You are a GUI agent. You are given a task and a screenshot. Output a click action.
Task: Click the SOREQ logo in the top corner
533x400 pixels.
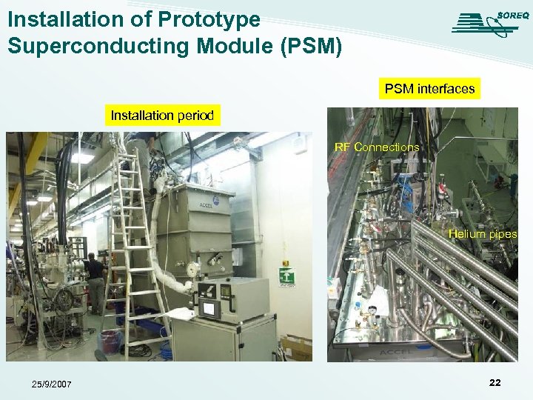click(486, 22)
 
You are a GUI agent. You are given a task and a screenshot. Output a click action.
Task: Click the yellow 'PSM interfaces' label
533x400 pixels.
click(429, 89)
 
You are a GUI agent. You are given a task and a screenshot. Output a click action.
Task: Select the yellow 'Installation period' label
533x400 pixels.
click(162, 115)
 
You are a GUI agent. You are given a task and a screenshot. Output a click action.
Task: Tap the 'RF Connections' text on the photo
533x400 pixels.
click(377, 147)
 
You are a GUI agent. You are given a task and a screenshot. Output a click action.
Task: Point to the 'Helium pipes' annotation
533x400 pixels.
click(482, 234)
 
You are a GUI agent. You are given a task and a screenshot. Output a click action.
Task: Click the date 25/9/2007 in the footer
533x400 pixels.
click(52, 384)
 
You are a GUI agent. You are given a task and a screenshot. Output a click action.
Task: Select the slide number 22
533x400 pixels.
click(495, 382)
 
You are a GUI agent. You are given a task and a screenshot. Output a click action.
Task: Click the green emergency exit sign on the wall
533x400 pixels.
click(286, 276)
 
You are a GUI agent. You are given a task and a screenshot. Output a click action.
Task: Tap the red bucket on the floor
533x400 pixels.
click(109, 341)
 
